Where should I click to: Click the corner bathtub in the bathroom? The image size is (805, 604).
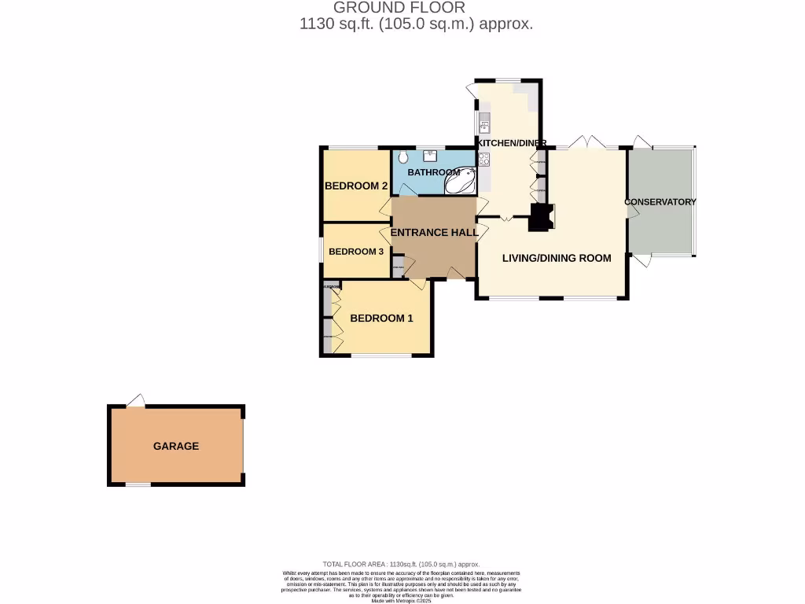point(461,182)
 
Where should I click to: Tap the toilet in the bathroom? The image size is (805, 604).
point(402,156)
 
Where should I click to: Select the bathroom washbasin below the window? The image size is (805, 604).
point(432,154)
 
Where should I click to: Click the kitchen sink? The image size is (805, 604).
point(484,123)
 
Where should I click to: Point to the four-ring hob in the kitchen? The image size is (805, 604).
point(484,159)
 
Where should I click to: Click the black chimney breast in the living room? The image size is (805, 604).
point(540,217)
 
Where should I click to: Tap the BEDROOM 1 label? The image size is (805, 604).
point(381,319)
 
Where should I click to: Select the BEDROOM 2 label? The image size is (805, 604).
point(356,186)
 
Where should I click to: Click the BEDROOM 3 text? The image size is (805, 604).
point(356,252)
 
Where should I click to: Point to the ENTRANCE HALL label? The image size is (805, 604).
point(434,233)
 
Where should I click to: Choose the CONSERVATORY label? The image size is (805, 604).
point(660,202)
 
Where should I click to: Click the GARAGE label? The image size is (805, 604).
point(175,446)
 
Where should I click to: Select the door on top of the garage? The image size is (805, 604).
point(137,401)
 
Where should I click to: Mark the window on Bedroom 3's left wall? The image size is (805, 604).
point(321,250)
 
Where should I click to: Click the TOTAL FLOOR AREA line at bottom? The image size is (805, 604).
point(401,565)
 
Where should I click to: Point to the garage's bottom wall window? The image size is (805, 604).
point(138,485)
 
